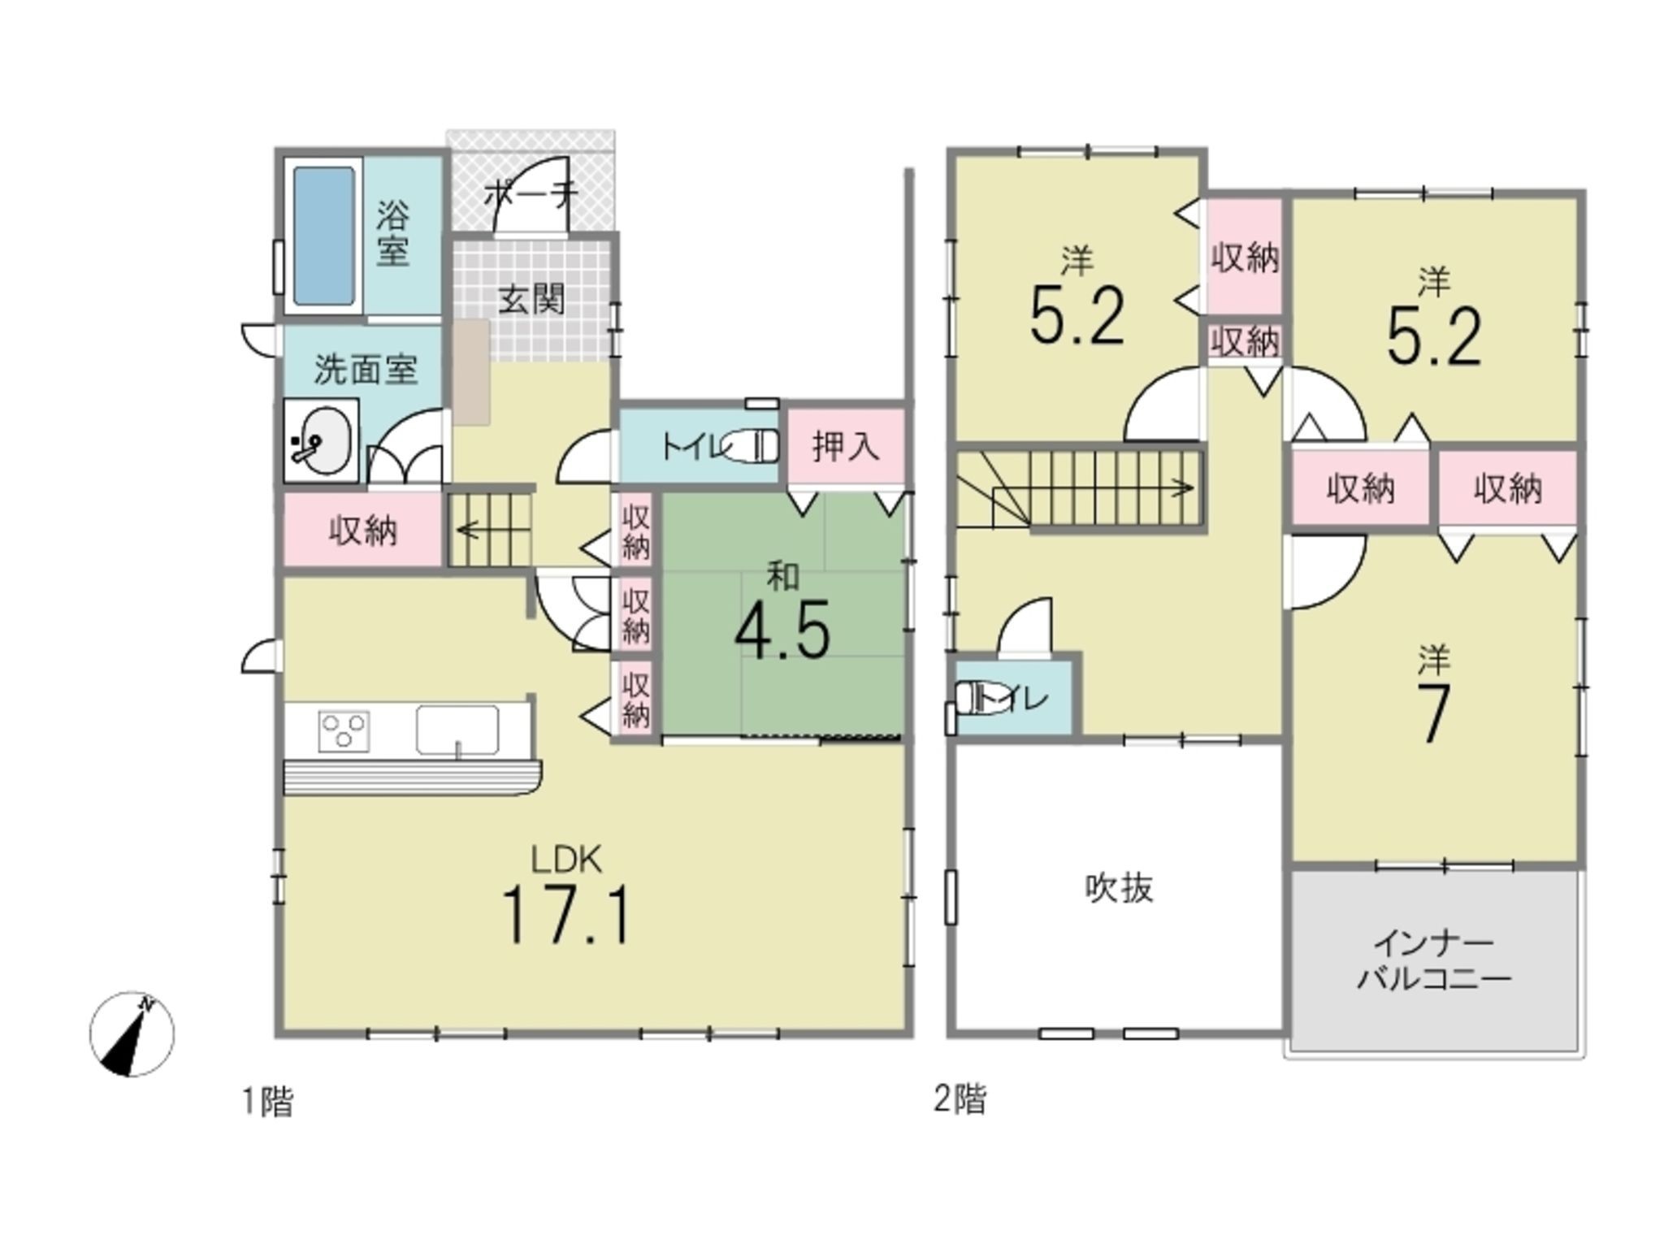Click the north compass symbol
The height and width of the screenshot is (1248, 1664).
click(x=132, y=1033)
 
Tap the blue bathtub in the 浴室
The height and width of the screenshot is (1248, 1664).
click(x=323, y=236)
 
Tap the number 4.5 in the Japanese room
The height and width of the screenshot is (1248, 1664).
click(x=782, y=629)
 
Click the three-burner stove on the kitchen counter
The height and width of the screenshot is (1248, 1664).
click(x=344, y=729)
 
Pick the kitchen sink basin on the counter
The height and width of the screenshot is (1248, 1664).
click(x=457, y=730)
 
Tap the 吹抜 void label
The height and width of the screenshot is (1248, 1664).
click(x=1119, y=888)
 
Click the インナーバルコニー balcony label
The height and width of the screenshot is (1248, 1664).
click(x=1434, y=961)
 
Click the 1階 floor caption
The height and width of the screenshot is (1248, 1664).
click(x=268, y=1103)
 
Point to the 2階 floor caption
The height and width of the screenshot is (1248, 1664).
click(x=961, y=1100)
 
